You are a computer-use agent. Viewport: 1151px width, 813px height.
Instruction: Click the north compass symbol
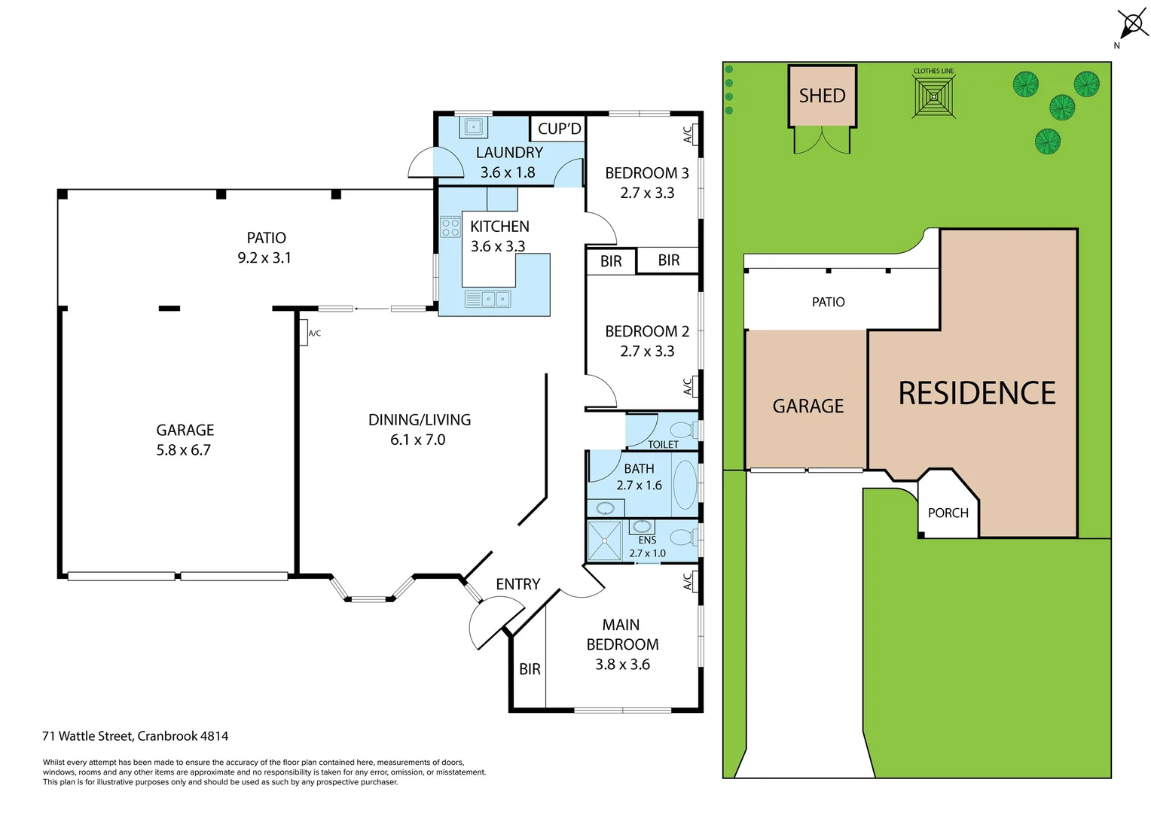1131,24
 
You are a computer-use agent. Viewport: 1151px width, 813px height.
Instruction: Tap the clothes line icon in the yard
934,97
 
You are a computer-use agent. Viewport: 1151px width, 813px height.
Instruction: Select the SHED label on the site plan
822,96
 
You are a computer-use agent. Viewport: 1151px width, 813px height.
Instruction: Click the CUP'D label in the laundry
559,129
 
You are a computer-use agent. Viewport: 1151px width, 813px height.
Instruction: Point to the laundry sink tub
474,126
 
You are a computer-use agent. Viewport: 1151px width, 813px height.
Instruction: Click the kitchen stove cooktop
450,227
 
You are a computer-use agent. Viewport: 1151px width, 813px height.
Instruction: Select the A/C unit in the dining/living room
303,332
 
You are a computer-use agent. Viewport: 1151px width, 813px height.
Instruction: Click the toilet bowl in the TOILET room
683,431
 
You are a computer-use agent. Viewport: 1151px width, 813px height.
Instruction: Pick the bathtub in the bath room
685,484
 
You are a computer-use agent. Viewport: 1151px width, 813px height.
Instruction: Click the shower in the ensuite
604,540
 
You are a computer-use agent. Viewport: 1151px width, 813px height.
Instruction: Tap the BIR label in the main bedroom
530,668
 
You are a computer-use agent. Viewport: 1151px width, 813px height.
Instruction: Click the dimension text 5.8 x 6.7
184,450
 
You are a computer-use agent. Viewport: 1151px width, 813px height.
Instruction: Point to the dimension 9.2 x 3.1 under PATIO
264,257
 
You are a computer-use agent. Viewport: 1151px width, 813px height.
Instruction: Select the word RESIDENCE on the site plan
977,393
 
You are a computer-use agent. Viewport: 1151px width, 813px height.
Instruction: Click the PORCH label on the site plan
948,513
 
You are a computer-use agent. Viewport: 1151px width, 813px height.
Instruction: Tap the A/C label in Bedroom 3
687,134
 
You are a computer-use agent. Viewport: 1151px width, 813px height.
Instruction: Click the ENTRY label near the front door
517,584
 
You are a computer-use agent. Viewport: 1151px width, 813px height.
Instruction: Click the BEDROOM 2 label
647,331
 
